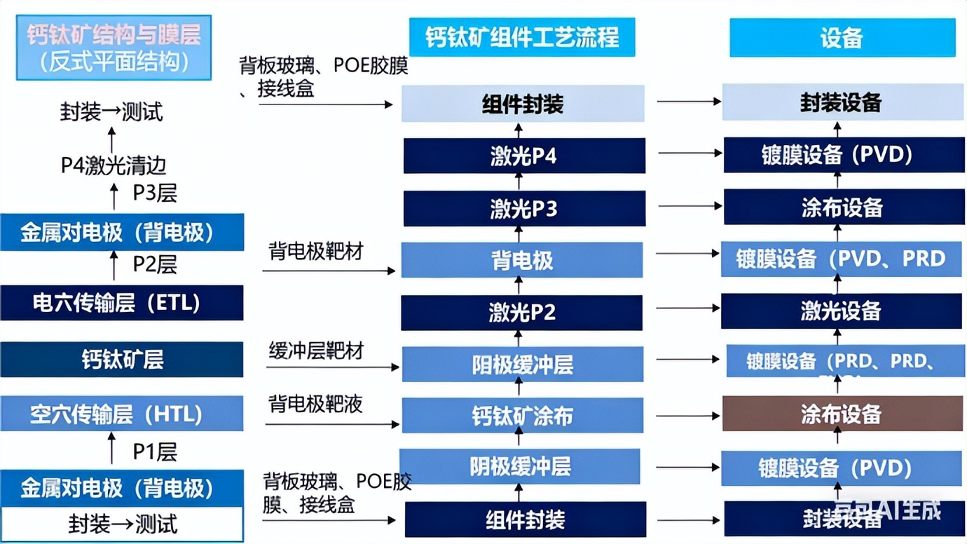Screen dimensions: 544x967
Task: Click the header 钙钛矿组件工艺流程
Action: tap(522, 37)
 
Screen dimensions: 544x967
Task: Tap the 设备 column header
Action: tap(842, 37)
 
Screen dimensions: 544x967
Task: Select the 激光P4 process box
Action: tap(523, 156)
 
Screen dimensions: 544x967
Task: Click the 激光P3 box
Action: tap(523, 208)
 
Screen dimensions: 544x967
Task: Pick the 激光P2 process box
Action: tap(521, 312)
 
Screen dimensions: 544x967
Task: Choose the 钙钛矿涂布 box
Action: tap(521, 416)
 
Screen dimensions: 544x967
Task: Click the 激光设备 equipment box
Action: tap(840, 311)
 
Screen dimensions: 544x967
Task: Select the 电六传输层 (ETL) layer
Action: tap(121, 303)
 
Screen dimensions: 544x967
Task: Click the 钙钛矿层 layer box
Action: tap(121, 360)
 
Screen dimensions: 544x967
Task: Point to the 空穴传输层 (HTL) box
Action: tap(121, 414)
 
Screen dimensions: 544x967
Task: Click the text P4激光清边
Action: tap(113, 165)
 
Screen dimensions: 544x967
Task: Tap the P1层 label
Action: tap(155, 451)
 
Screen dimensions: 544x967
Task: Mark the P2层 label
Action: tap(155, 264)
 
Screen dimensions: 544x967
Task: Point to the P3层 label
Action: tap(155, 193)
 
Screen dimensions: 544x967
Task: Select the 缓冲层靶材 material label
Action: tap(315, 351)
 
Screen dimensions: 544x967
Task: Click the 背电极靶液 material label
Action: tap(315, 404)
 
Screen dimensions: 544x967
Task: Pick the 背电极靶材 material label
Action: tap(315, 251)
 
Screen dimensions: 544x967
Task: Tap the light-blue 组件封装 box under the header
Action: tap(523, 104)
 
